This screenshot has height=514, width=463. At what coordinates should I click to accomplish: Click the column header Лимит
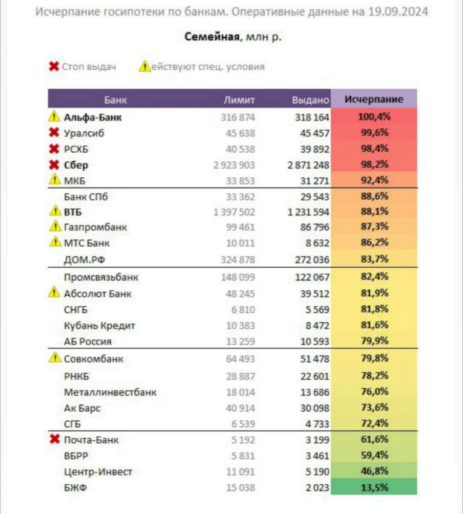(x=239, y=100)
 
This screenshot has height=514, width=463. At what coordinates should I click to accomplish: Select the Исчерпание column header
(x=374, y=99)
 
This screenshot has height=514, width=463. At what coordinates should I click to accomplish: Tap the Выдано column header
(x=311, y=100)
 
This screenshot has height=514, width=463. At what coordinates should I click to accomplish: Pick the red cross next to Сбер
(x=54, y=165)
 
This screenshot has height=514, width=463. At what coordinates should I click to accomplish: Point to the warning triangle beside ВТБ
(x=55, y=211)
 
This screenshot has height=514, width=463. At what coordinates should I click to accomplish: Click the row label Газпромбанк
(x=95, y=227)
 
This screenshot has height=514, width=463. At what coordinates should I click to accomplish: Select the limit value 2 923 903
(x=234, y=165)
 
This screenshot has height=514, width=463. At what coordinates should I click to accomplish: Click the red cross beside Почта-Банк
(x=54, y=439)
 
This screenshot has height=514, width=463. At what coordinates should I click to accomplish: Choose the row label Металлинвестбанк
(x=110, y=392)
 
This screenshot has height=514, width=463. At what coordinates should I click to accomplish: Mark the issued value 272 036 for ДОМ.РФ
(x=312, y=260)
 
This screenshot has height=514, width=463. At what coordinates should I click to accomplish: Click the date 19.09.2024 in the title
(x=398, y=12)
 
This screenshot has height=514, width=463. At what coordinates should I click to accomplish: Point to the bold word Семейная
(x=212, y=37)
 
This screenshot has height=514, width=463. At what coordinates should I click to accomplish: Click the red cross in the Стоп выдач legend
(x=54, y=66)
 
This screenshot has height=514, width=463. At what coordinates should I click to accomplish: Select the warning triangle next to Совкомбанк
(x=55, y=358)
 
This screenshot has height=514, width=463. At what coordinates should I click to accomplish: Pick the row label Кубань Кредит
(x=100, y=326)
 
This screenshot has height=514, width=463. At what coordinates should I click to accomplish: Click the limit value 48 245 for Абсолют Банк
(x=240, y=294)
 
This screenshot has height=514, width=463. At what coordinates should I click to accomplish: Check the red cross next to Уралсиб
(x=54, y=133)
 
